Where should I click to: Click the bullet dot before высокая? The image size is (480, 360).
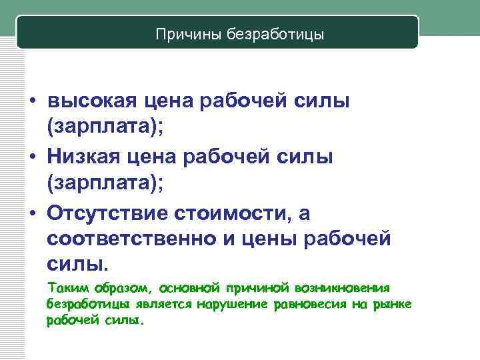pos(33,103)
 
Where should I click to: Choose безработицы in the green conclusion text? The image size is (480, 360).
pos(81,304)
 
